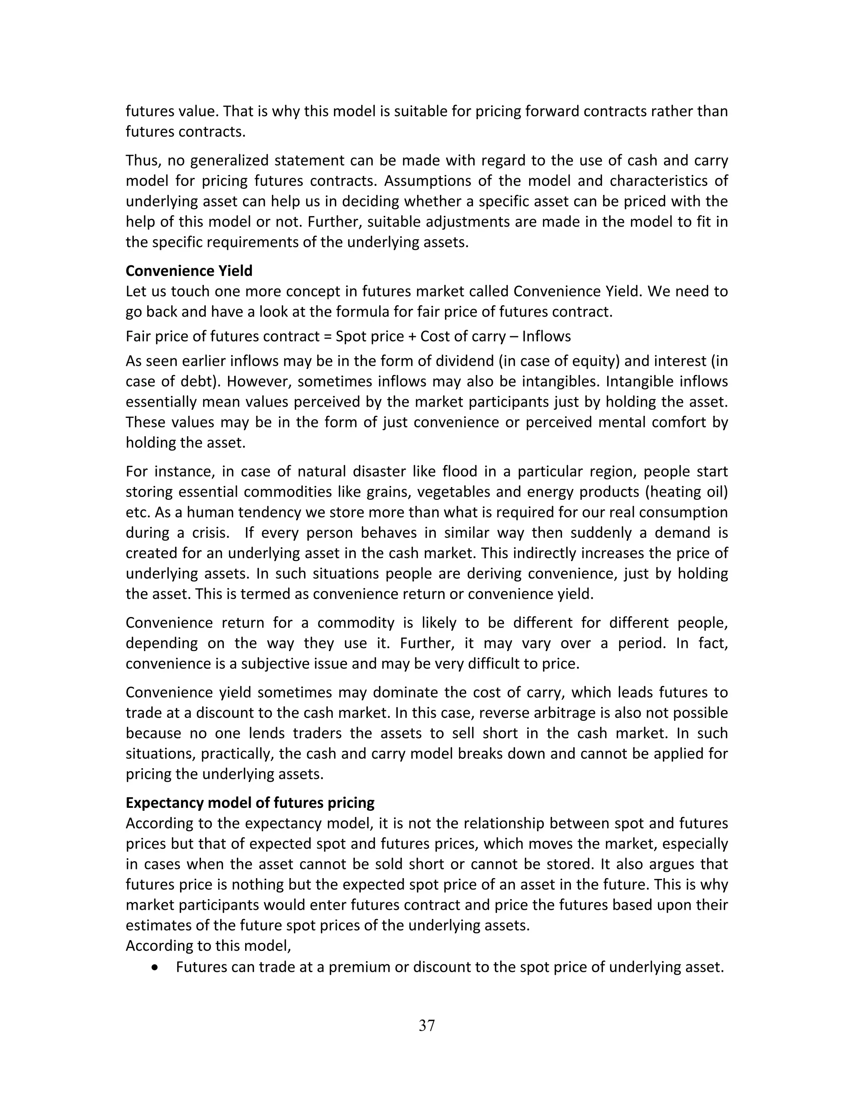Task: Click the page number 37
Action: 427,1025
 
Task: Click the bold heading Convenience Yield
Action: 189,271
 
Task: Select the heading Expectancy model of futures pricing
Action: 250,803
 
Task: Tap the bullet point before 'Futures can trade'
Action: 155,967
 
